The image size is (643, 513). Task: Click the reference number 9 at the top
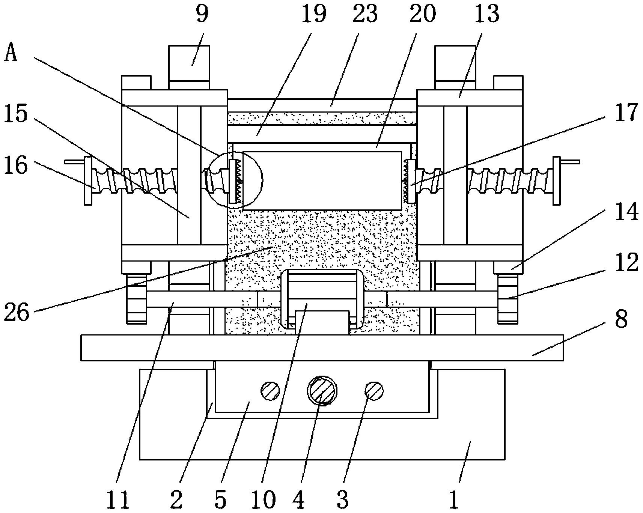tap(202, 14)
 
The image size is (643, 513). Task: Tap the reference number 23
tap(365, 14)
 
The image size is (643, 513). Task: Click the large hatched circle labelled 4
tap(322, 391)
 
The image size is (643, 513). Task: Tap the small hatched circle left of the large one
tap(270, 391)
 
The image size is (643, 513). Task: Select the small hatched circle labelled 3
tap(374, 391)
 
